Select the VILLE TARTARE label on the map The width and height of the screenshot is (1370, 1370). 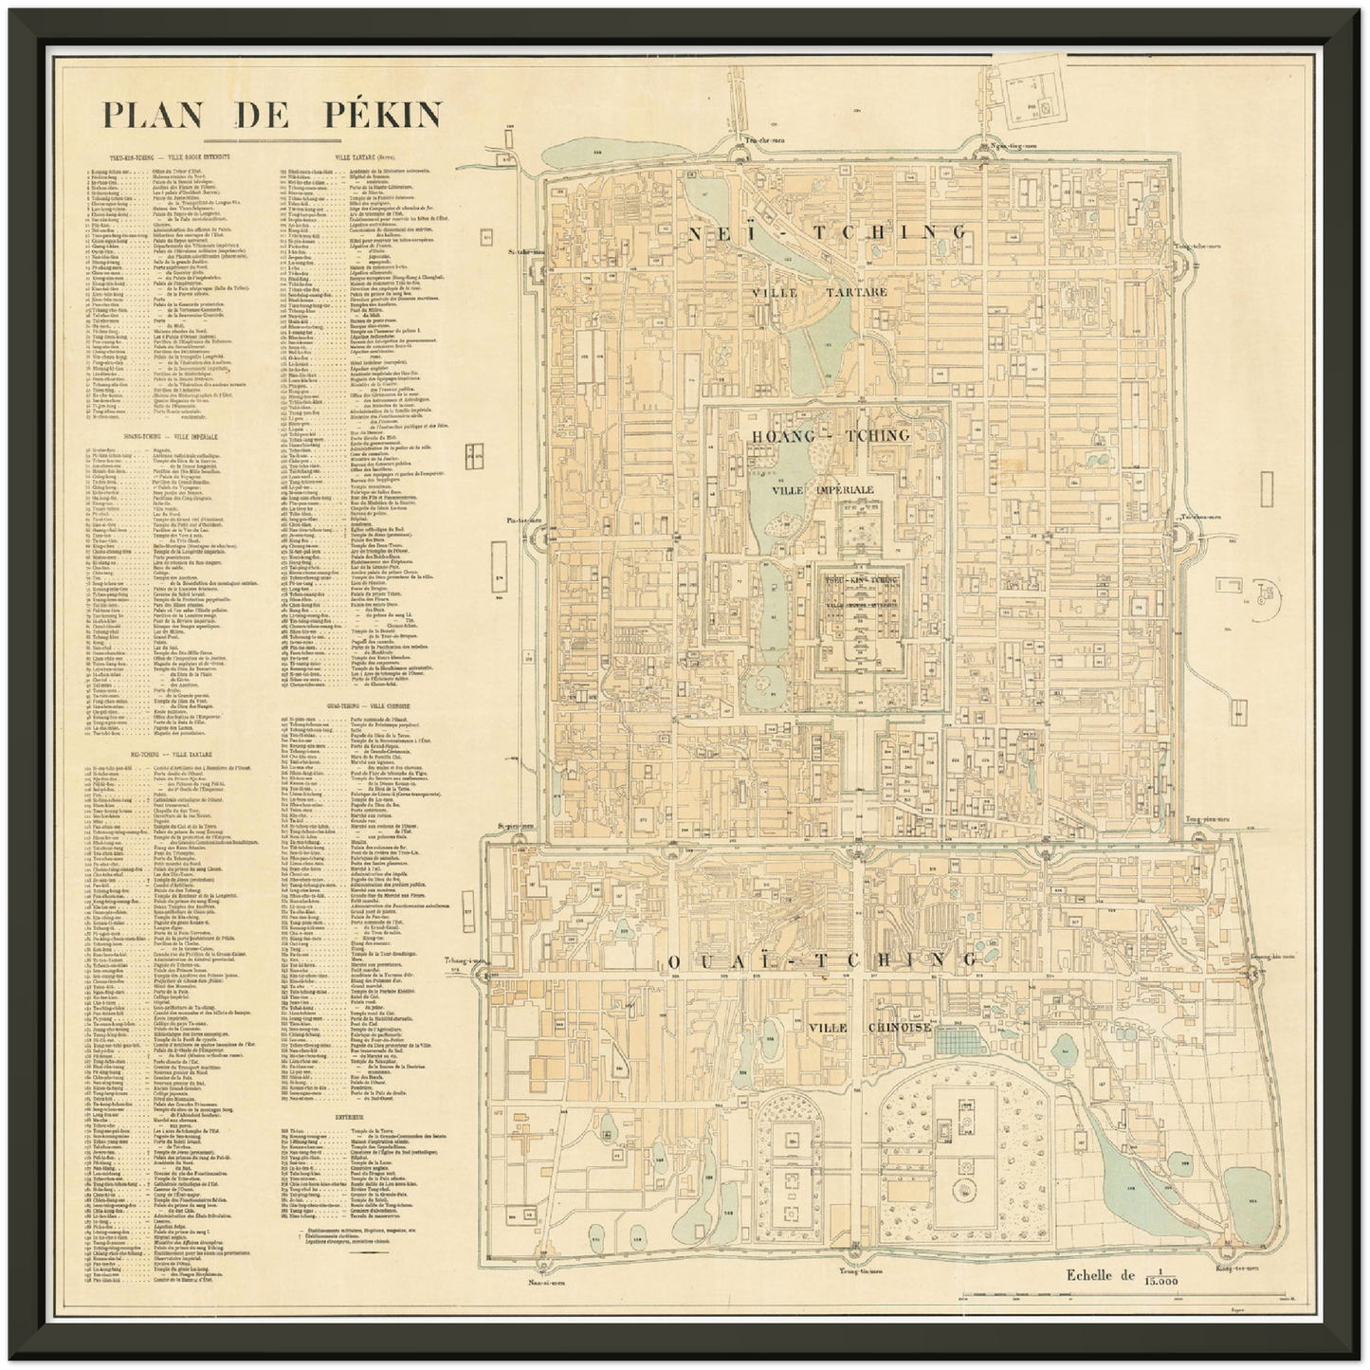[821, 292]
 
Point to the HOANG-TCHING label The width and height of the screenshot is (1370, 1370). [830, 435]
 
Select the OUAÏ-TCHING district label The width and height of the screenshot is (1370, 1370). [821, 961]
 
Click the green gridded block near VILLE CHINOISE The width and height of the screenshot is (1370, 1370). [956, 1043]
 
